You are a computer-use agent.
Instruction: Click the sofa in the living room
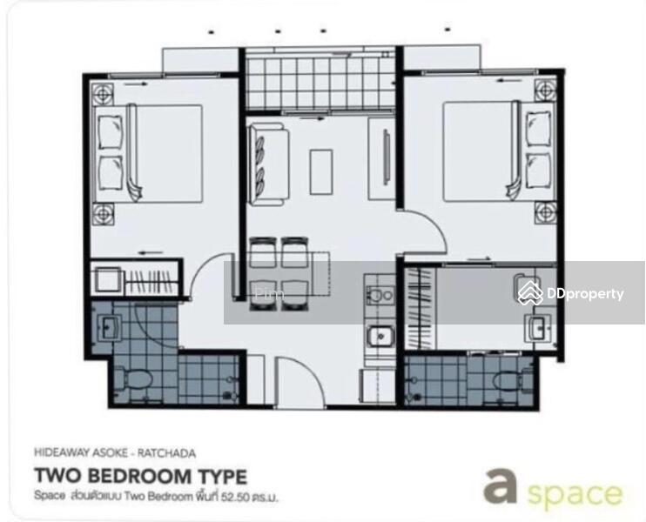tap(266, 161)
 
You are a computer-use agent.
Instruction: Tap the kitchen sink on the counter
tap(380, 334)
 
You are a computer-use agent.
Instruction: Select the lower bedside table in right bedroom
tap(546, 211)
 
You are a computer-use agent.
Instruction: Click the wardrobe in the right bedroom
tap(420, 308)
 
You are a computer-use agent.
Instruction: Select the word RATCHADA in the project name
tap(166, 452)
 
